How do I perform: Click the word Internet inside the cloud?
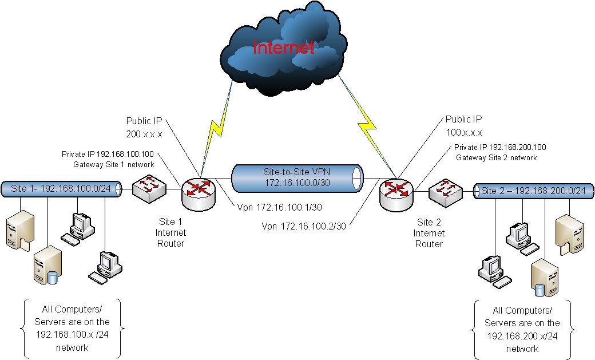284,48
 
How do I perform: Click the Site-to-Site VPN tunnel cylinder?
297,178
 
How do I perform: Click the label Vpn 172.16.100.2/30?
303,226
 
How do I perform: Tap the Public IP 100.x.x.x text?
463,126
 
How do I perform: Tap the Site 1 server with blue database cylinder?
46,268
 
